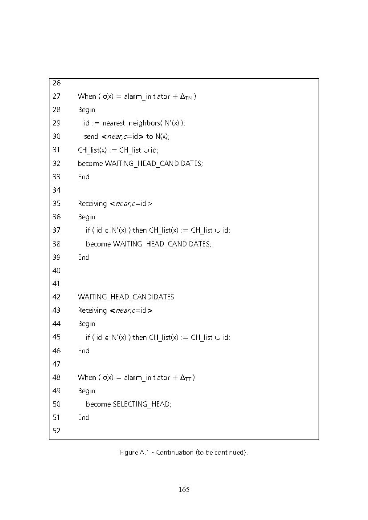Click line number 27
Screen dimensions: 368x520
point(57,96)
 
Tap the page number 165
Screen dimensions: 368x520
point(184,489)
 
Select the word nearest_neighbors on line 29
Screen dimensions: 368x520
point(131,123)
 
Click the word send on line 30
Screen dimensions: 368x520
point(91,136)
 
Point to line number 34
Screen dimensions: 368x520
point(57,190)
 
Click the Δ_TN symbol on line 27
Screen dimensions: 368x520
point(186,97)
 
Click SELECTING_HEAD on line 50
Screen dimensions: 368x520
point(142,404)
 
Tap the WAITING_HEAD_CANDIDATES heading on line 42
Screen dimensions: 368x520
point(126,297)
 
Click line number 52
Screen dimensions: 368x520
point(57,431)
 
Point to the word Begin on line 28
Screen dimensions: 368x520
point(87,110)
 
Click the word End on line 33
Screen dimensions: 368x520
point(84,177)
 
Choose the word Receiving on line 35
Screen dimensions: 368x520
point(92,204)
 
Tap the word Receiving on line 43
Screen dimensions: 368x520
point(92,310)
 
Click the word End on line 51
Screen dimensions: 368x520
point(84,418)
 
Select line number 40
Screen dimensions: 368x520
point(57,270)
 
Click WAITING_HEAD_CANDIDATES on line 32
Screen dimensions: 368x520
point(153,164)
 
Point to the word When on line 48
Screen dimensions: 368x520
point(87,377)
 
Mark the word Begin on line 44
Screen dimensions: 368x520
point(87,324)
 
